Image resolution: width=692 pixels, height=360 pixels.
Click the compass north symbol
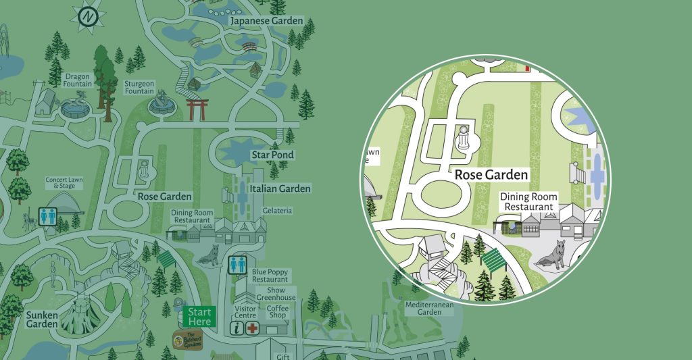[x=88, y=17]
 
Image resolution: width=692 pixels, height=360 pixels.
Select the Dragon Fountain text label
[x=78, y=80]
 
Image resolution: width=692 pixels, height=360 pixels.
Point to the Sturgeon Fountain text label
[x=139, y=87]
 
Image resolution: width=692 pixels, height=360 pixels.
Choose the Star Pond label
[x=272, y=155]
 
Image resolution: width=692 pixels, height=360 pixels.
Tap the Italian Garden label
[x=280, y=188]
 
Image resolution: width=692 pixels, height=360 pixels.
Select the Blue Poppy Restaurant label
[x=270, y=275]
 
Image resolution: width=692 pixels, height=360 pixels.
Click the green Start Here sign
[x=199, y=316]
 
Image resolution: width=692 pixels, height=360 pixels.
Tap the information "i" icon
[x=237, y=328]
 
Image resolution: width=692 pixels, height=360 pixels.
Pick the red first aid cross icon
[x=253, y=328]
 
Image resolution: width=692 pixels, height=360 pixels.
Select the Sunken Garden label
[x=42, y=319]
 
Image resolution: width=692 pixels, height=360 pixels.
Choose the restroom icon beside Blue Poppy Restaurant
[x=238, y=264]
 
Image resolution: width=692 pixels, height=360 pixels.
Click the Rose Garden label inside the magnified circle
[x=491, y=175]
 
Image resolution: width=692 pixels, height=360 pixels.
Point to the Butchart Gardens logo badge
[x=187, y=338]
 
